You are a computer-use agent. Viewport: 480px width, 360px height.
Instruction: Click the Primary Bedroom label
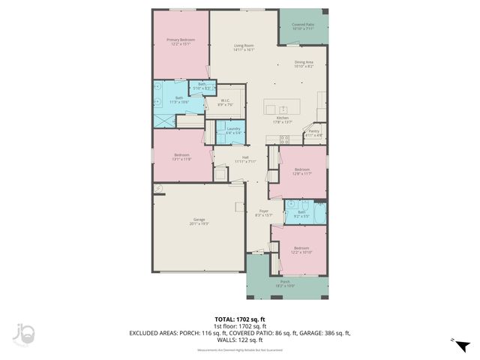pos(181,40)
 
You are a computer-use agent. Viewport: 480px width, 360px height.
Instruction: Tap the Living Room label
pos(244,46)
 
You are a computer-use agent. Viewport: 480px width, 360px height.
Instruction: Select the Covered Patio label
pos(302,25)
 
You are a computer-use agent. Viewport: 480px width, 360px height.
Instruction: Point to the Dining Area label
pos(304,63)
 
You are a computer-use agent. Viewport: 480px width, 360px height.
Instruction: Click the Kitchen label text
pos(282,118)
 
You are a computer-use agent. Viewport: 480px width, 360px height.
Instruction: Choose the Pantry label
pos(313,131)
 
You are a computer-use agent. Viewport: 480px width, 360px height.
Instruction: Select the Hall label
pos(244,157)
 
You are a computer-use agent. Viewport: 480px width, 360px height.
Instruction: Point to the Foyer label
pos(264,211)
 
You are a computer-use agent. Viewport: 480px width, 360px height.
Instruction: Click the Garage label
pos(199,220)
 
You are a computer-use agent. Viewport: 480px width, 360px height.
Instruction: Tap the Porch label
pos(285,283)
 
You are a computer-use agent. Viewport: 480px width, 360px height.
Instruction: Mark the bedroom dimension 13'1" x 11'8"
pos(182,160)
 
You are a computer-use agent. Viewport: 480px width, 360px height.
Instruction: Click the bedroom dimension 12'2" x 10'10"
pos(301,252)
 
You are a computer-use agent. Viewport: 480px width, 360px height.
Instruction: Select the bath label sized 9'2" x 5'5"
pos(301,215)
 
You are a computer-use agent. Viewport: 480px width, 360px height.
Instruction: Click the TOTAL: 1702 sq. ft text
pos(240,319)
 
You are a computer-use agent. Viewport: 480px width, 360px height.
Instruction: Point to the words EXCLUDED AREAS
pos(154,331)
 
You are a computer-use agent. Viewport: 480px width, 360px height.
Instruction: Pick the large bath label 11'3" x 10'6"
pos(179,101)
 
